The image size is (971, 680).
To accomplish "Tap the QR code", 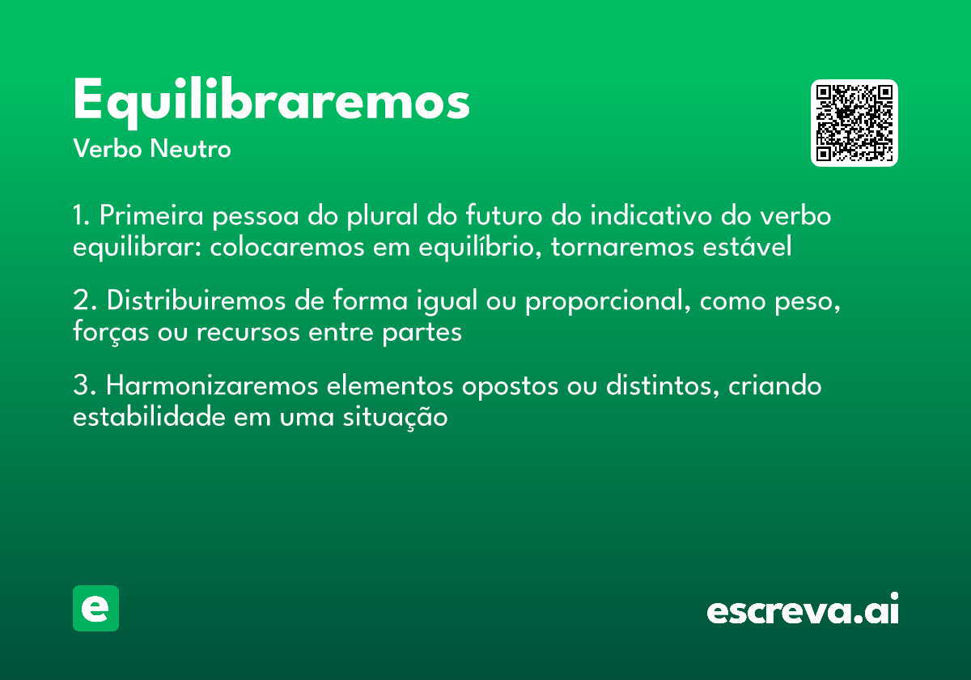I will [854, 123].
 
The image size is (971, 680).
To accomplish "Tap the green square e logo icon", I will [95, 608].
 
